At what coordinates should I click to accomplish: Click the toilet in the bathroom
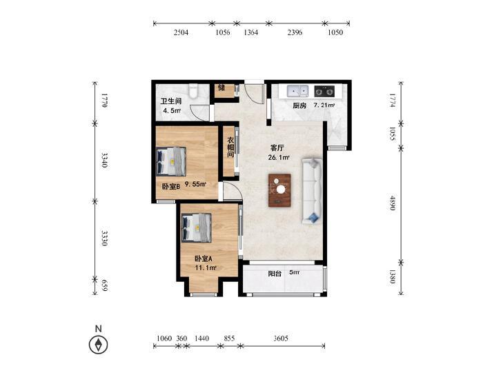tap(193, 91)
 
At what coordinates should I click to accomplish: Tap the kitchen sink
tap(297, 91)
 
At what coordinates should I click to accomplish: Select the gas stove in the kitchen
tap(324, 91)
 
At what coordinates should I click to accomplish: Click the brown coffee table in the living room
tap(279, 190)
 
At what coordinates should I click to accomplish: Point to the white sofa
tap(311, 191)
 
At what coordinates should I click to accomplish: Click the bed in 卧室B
tap(171, 161)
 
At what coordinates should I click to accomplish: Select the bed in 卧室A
tap(197, 227)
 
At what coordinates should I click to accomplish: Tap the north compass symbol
tap(98, 345)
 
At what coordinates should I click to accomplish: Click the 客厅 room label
tap(277, 148)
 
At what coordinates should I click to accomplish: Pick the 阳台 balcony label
tap(275, 274)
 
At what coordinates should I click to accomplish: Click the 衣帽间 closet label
tap(230, 147)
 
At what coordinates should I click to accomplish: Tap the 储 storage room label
tap(221, 87)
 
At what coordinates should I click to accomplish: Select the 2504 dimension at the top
tap(181, 32)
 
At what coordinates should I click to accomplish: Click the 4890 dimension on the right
tap(393, 203)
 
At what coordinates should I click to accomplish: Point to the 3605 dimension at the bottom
tap(281, 338)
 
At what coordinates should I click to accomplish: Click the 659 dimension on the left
tap(104, 285)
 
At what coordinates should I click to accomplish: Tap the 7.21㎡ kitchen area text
tap(324, 105)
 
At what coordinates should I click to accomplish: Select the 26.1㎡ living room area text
tap(279, 158)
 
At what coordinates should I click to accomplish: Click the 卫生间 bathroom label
tap(171, 101)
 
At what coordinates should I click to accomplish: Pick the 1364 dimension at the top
tap(251, 32)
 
